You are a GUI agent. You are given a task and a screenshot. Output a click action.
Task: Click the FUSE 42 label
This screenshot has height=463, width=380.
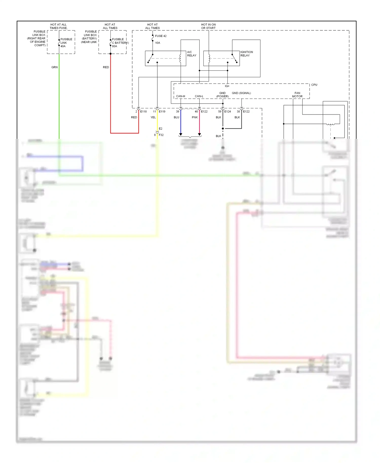pos(161,36)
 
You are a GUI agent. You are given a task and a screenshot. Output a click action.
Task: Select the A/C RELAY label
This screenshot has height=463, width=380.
pos(192,54)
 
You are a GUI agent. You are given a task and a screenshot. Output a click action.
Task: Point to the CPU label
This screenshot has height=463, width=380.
pos(314,85)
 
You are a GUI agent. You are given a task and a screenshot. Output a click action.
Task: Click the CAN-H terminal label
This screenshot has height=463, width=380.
pos(180,96)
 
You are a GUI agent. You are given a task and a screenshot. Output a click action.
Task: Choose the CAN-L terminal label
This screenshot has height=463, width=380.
pos(199,96)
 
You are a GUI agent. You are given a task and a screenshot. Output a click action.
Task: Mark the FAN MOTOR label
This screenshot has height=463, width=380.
pos(297,95)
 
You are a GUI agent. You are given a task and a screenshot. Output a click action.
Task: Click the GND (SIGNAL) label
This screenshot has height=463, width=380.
pos(241,93)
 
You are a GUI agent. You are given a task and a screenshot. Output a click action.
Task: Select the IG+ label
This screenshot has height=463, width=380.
pos(227,86)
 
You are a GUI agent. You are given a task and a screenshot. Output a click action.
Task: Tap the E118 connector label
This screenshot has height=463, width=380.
pos(143,111)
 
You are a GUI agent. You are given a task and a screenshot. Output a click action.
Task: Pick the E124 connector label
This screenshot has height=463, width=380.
pos(227,111)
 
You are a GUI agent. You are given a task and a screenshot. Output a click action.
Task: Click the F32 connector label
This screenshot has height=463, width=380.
pos(161,135)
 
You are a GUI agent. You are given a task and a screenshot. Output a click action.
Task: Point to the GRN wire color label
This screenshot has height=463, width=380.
pos(54,67)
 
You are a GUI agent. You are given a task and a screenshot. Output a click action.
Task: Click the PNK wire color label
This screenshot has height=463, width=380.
pos(195,117)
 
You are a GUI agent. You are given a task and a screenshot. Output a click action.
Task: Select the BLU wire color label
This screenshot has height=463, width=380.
pos(176,117)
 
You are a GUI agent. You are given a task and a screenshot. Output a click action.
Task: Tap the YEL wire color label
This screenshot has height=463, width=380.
pos(153,117)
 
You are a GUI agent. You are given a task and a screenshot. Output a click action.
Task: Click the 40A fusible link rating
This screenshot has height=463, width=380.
pos(63,46)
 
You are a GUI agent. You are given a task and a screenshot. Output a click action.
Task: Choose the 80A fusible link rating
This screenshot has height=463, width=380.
pos(115,46)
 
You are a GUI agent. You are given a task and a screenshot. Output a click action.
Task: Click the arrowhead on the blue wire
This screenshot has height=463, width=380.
pos(181,134)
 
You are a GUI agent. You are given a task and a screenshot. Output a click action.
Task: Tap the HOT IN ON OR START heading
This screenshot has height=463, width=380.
pos(208,26)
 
